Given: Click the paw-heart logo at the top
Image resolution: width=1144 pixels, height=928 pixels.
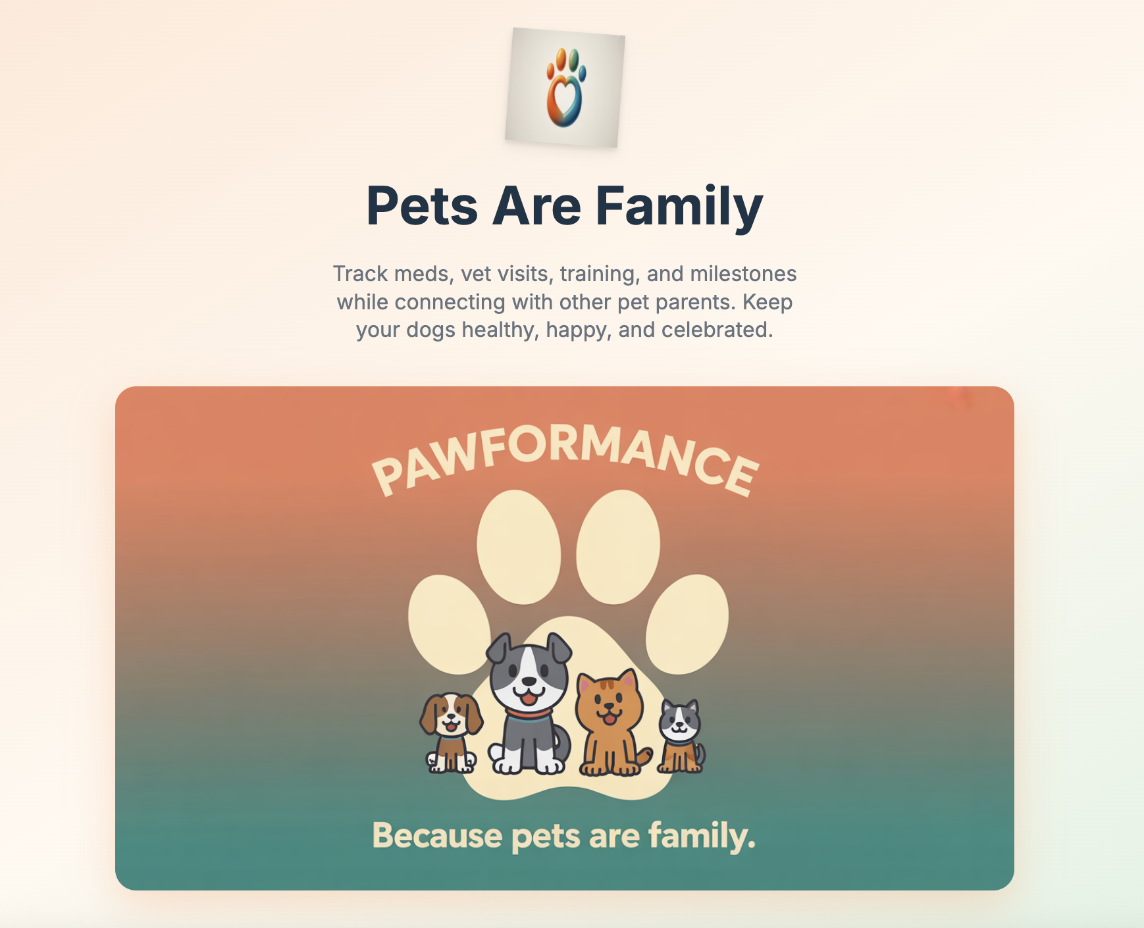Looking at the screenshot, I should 565,88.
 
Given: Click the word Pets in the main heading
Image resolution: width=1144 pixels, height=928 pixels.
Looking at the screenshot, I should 421,206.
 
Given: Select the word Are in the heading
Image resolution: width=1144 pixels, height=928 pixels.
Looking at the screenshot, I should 536,206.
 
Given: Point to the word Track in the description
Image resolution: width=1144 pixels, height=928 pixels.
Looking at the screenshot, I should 359,273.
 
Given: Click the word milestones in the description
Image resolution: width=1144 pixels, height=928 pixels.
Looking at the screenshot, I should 743,273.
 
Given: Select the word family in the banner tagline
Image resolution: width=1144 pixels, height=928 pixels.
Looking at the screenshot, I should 701,836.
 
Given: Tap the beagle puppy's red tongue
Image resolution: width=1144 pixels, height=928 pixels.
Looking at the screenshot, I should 451,727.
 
